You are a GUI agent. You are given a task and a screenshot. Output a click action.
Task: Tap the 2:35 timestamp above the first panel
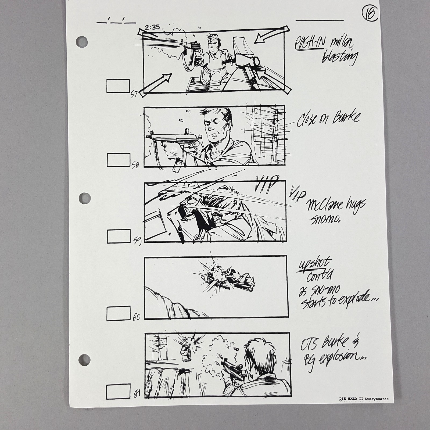coord(152,27)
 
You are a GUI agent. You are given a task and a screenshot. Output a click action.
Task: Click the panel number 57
coord(134,94)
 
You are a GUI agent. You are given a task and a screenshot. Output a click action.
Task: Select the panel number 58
coord(135,165)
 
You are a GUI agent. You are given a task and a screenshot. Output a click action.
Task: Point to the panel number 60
coord(136,317)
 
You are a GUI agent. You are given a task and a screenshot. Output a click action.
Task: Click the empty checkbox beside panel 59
coord(119,236)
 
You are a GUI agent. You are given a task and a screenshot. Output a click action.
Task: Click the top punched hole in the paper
coord(82,42)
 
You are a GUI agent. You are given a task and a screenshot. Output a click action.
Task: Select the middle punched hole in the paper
coord(84,198)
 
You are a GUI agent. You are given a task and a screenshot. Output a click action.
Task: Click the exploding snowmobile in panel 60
coord(228,279)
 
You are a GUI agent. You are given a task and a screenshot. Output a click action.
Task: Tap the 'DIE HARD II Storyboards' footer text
coord(364,399)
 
